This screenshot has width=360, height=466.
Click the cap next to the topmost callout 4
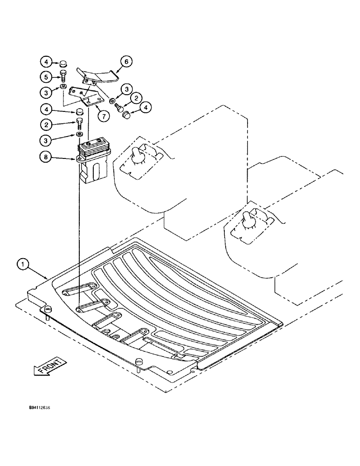click(x=63, y=63)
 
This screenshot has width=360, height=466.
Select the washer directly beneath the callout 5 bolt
click(x=62, y=88)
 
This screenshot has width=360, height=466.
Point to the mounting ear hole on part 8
click(x=77, y=159)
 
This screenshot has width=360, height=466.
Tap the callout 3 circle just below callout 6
click(x=127, y=88)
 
